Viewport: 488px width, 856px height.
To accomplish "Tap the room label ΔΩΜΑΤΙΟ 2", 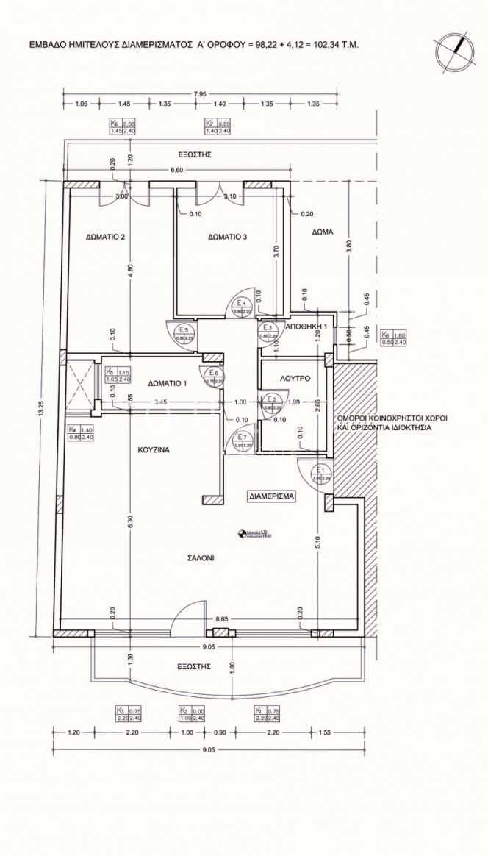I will coord(104,237).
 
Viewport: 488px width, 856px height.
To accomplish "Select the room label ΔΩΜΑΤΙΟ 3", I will coord(227,237).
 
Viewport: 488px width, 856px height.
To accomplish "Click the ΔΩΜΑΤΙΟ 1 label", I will coord(167,383).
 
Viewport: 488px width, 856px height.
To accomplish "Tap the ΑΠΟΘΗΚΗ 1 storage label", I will coord(306,325).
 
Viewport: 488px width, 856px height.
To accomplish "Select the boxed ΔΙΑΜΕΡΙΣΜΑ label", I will coord(271,496).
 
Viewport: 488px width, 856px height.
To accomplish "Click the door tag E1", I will coord(320,471).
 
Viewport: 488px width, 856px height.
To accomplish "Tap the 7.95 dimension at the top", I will coord(199,93).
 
